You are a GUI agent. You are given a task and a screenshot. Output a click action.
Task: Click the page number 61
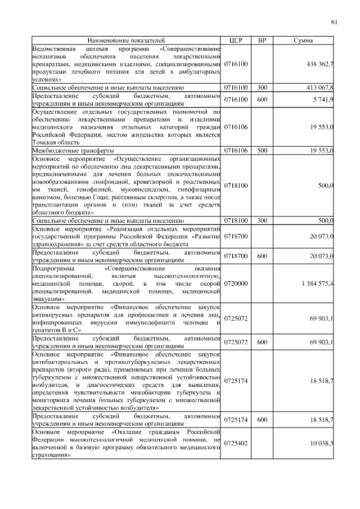(334, 22)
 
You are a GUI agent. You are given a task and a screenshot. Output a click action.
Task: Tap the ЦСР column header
(236, 40)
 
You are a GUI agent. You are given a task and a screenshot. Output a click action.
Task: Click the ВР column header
(262, 40)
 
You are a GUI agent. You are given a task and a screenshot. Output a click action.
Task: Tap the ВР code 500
(262, 151)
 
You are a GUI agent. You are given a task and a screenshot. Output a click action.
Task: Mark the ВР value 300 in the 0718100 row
(262, 221)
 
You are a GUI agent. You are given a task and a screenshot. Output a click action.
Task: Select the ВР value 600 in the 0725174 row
(262, 420)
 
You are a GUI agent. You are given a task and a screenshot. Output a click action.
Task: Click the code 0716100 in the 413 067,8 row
(236, 88)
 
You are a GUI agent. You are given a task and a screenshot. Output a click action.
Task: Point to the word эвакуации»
(49, 300)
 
